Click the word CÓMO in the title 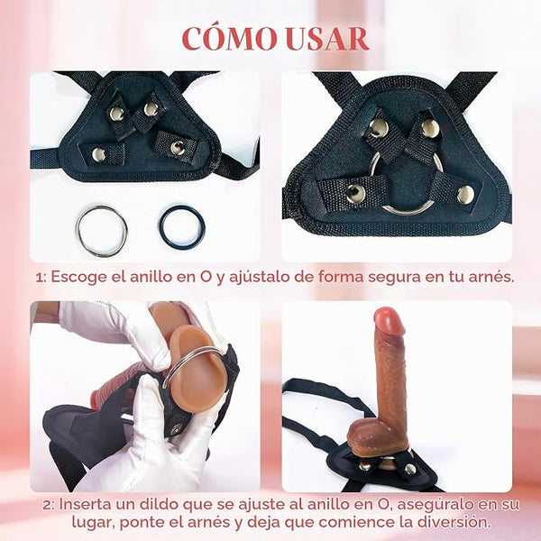[x=229, y=38]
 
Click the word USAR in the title [x=328, y=39]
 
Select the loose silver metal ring [x=101, y=232]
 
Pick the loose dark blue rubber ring [x=182, y=228]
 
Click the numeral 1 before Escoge [x=41, y=278]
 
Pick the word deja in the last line [x=264, y=522]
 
